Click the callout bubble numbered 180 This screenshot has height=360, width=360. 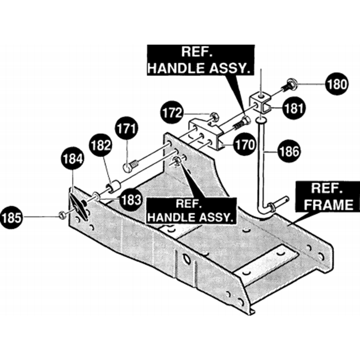337,84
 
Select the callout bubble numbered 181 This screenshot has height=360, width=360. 294,108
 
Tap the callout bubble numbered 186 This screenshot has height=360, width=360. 289,151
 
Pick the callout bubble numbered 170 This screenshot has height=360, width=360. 245,145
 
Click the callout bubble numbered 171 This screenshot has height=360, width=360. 126,129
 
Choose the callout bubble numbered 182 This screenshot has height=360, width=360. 100,145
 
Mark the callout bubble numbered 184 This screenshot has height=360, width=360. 72,158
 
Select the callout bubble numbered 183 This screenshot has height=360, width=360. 131,200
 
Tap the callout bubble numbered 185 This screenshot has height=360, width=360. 12,217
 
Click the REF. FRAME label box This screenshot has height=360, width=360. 328,197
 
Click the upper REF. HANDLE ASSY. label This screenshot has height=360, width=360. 201,60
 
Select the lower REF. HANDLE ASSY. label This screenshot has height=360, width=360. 191,210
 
